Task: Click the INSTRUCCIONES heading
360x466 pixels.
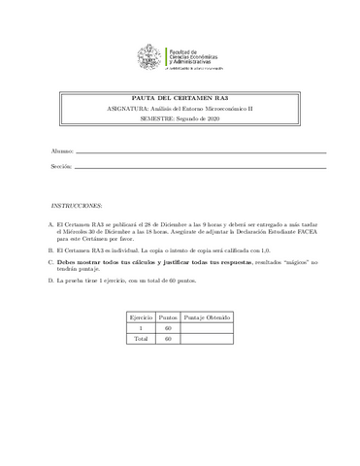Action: coord(76,207)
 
